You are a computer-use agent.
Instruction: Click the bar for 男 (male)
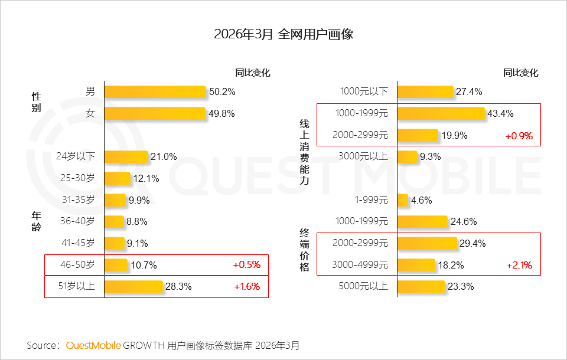pyautogui.click(x=155, y=91)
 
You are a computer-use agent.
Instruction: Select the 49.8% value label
pyautogui.click(x=221, y=113)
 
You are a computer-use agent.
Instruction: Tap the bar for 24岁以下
pyautogui.click(x=126, y=156)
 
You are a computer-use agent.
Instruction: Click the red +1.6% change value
pyautogui.click(x=247, y=287)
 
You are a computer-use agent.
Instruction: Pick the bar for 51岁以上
pyautogui.click(x=133, y=287)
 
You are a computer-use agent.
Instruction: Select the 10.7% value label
pyautogui.click(x=144, y=265)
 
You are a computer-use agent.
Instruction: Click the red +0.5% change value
pyautogui.click(x=247, y=265)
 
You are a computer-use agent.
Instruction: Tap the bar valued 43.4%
pyautogui.click(x=441, y=113)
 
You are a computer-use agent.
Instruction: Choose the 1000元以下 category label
pyautogui.click(x=364, y=91)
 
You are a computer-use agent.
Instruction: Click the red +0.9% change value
pyautogui.click(x=519, y=135)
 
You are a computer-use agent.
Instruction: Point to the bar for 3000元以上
pyautogui.click(x=407, y=156)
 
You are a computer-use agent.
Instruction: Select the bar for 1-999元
pyautogui.click(x=403, y=200)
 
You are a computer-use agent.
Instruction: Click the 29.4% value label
pyautogui.click(x=471, y=243)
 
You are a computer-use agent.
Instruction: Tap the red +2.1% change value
pyautogui.click(x=519, y=265)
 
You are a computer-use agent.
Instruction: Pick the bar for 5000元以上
pyautogui.click(x=421, y=287)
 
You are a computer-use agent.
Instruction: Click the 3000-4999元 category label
pyautogui.click(x=360, y=265)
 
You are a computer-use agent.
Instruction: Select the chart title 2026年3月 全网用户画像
pyautogui.click(x=283, y=34)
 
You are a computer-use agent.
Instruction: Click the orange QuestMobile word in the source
pyautogui.click(x=93, y=345)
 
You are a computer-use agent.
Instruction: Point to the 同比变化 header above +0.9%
pyautogui.click(x=520, y=73)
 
